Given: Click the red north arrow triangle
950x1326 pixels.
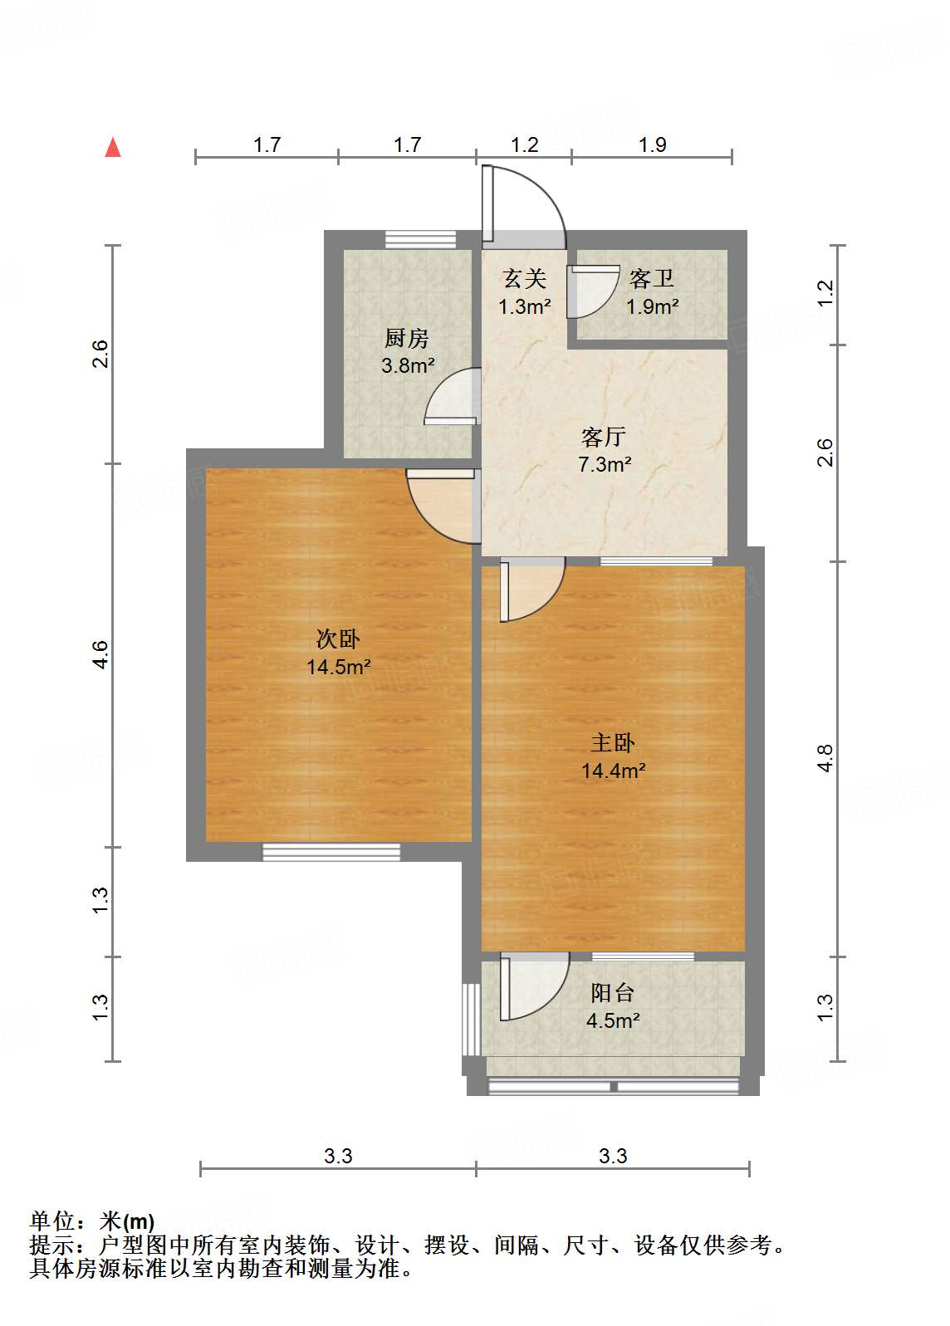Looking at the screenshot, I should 113,148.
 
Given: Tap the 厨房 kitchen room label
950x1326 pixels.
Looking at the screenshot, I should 407,338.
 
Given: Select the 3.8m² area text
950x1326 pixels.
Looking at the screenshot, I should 408,365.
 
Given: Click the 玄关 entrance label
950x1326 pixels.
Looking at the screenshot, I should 524,278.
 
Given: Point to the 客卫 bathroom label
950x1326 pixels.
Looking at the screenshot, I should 651,278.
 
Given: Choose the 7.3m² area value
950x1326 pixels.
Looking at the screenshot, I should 605,464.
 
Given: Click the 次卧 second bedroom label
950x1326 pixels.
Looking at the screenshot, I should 338,639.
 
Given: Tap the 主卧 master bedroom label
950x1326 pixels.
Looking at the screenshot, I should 613,742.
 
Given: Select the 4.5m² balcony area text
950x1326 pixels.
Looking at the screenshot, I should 613,1020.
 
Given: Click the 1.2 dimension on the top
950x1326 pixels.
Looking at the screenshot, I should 524,145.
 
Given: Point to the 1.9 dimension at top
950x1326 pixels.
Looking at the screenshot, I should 652,145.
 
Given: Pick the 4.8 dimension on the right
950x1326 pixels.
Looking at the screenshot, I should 825,759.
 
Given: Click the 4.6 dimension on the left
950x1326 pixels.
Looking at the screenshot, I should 100,655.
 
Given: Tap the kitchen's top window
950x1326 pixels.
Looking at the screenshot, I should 421,239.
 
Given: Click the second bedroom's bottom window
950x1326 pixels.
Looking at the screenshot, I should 331,851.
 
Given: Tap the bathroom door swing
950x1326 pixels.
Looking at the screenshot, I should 592,291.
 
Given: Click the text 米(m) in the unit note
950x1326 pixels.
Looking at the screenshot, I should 127,1221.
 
